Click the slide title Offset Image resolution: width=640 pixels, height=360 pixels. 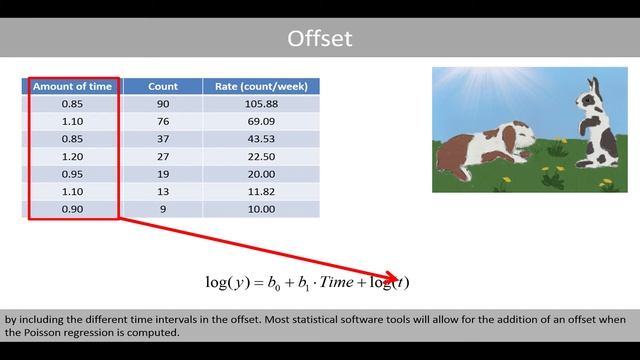[319, 39]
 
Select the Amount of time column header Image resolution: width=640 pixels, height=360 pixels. [72, 87]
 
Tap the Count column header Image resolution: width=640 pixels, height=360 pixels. [162, 87]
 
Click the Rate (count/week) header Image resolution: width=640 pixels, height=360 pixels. [260, 87]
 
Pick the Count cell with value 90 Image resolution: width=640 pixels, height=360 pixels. [162, 104]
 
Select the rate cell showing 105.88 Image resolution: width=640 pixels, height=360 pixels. [260, 104]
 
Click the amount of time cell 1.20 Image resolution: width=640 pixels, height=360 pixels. [72, 157]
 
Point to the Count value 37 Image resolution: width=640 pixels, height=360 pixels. [162, 139]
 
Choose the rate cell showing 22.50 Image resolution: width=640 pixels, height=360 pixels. [260, 157]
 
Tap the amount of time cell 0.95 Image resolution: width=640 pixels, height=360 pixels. [72, 174]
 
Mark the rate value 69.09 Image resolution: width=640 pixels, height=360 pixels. [260, 122]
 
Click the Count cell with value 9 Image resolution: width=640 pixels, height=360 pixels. [162, 209]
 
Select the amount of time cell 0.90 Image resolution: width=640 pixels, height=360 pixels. [72, 209]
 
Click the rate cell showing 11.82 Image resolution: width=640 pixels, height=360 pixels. [260, 192]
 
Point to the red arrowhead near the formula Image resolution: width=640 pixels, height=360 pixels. [393, 279]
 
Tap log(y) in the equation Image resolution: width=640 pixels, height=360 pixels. [228, 283]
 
